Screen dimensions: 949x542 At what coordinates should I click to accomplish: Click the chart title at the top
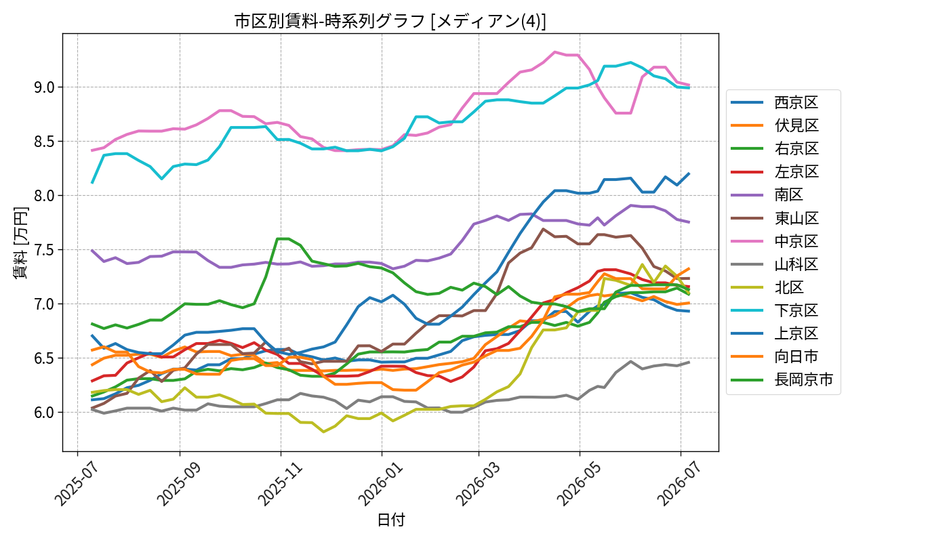click(390, 21)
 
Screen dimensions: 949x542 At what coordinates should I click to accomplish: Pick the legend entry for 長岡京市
click(782, 380)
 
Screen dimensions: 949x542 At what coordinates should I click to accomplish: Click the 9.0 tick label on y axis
click(45, 87)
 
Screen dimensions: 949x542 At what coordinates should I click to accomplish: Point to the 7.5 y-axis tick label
click(45, 250)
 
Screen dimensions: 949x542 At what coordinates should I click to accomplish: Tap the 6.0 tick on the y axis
click(45, 413)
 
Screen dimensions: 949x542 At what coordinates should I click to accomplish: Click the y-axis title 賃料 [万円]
click(20, 243)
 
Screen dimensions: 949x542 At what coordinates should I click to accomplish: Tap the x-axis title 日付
click(390, 520)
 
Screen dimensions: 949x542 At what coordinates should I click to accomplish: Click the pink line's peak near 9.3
click(554, 51)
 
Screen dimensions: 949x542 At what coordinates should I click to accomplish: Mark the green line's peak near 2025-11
click(283, 238)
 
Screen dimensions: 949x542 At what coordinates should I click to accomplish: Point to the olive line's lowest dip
click(324, 432)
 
